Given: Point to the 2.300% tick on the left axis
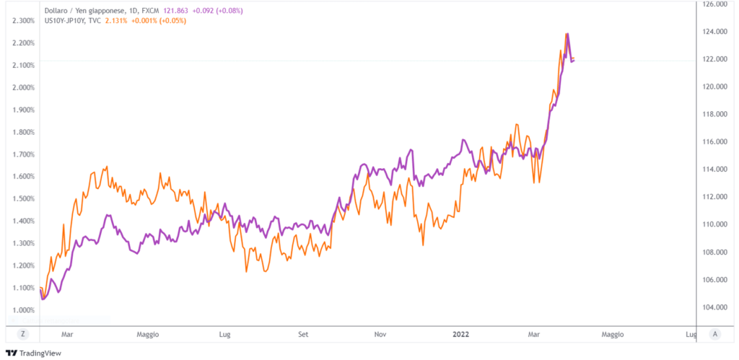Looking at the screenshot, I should (x=24, y=20).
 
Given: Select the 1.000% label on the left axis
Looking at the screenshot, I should (x=24, y=310).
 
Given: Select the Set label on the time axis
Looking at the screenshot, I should (x=303, y=334).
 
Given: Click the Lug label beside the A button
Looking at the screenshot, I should (x=690, y=334).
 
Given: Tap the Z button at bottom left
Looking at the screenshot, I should (x=23, y=334).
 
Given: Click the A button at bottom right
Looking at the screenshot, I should (x=714, y=334).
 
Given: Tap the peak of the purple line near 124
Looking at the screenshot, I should (x=567, y=34).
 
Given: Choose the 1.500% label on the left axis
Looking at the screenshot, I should (x=24, y=198).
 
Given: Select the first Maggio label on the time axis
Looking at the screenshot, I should (x=147, y=334).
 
